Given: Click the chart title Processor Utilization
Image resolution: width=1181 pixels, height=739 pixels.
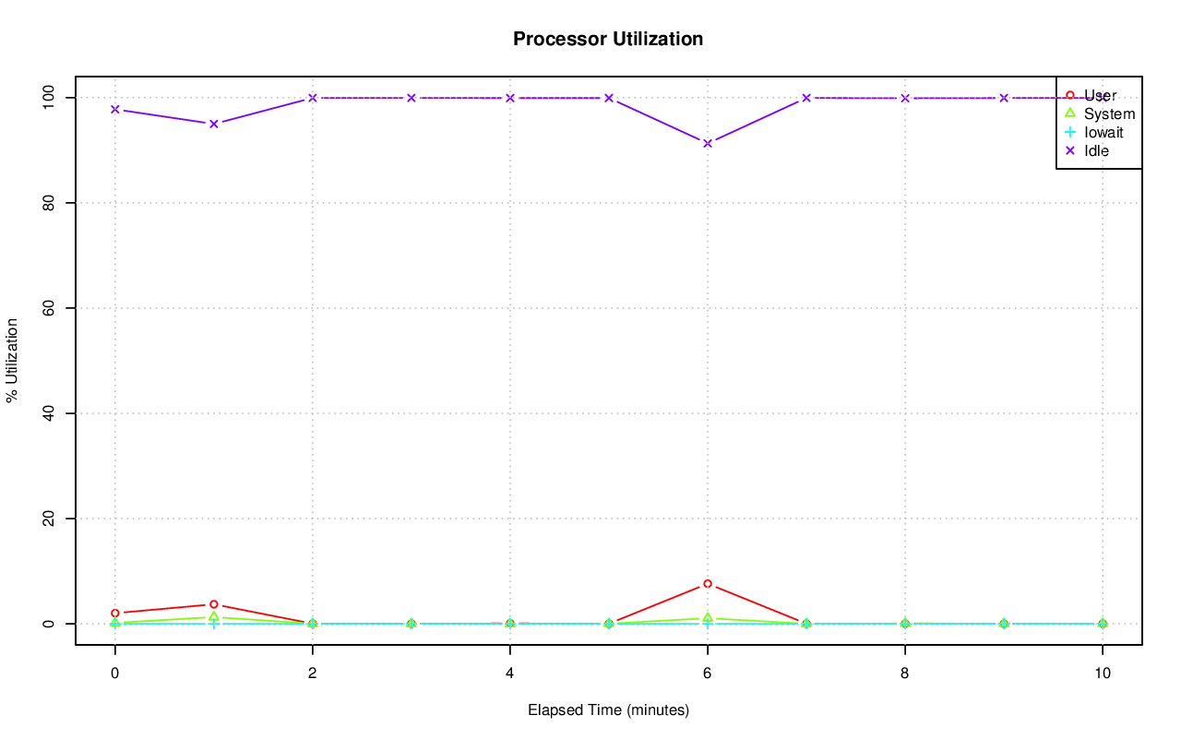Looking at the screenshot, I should (608, 39).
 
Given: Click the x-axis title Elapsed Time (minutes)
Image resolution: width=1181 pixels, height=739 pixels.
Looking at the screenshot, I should (608, 710).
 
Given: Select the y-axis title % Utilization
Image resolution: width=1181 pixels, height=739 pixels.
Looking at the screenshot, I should (12, 360).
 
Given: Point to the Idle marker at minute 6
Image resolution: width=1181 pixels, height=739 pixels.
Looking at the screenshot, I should (708, 143).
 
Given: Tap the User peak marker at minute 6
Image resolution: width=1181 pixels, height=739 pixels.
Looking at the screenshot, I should (708, 584).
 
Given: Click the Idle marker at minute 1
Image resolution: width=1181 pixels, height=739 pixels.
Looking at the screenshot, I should (214, 124).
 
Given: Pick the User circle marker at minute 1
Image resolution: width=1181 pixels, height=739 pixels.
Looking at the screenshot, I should (214, 604).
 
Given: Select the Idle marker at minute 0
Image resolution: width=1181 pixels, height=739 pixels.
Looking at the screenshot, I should (115, 109).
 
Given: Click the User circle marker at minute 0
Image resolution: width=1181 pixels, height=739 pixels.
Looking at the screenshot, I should (115, 613).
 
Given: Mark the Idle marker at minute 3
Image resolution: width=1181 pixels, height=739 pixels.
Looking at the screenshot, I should (412, 98).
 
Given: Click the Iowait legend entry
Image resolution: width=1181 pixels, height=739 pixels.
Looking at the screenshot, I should (1103, 132).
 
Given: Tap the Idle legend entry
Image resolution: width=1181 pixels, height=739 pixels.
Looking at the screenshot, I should (1096, 150).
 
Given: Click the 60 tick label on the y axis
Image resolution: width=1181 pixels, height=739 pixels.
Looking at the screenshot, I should (52, 307).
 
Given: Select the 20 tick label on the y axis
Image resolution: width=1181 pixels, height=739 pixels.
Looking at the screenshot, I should (52, 518).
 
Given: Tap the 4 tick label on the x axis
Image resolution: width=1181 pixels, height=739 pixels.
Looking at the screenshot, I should (510, 673).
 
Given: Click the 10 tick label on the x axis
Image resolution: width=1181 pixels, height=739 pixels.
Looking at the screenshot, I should (1103, 673).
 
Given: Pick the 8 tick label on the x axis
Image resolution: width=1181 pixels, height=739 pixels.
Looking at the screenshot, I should (905, 673).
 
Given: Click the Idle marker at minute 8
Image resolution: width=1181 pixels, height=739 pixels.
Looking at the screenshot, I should (905, 98).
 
